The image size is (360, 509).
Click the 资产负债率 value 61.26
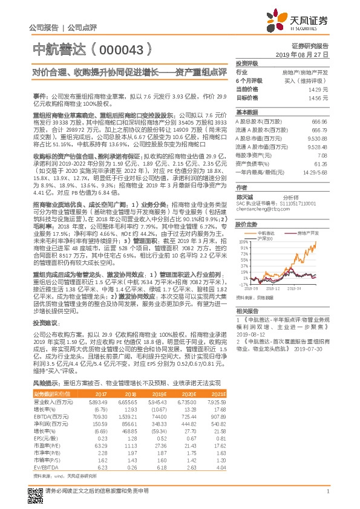click(320, 163)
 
